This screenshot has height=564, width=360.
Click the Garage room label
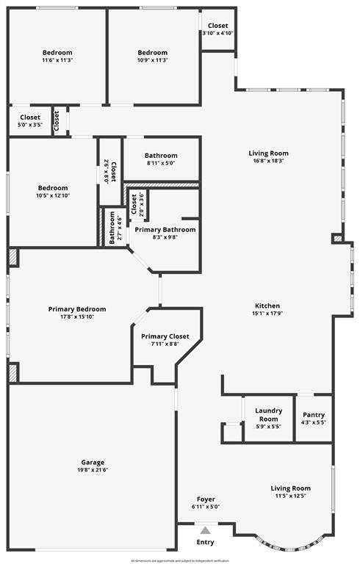click(x=92, y=462)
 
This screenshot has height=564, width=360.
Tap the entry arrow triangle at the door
click(x=206, y=530)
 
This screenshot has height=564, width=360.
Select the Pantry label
click(x=314, y=413)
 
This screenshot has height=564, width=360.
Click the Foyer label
click(x=206, y=499)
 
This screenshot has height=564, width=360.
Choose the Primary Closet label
click(x=165, y=336)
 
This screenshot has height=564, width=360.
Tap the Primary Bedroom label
click(x=77, y=309)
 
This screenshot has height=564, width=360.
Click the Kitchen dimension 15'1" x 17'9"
click(x=267, y=314)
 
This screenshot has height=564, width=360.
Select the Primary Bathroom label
click(x=165, y=230)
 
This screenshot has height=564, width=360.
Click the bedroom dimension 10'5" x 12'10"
click(x=53, y=196)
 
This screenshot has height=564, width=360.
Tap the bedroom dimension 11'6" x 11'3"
click(x=57, y=61)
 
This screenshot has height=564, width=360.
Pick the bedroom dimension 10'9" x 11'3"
click(x=153, y=61)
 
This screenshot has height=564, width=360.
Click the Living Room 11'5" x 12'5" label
click(x=290, y=488)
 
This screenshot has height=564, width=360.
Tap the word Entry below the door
click(x=206, y=543)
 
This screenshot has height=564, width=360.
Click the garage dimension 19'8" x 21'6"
click(x=92, y=470)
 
